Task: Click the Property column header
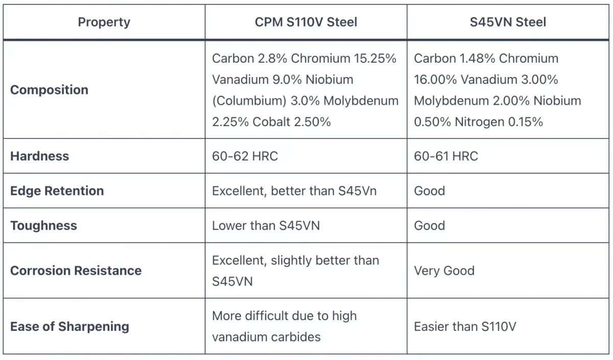[104, 22]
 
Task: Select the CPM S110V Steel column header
[306, 22]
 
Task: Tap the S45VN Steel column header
[508, 22]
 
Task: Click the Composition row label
[49, 90]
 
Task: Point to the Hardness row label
[39, 156]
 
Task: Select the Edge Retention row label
[57, 191]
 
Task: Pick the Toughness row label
[43, 226]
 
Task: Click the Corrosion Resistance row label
[76, 271]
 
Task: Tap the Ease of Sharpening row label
[69, 326]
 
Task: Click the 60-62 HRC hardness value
[245, 156]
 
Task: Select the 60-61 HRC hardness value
[445, 156]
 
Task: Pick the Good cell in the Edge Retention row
[429, 191]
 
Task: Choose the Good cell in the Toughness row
[429, 226]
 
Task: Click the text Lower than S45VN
[266, 226]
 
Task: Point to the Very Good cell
[444, 271]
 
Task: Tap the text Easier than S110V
[465, 326]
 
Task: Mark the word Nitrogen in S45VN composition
[480, 122]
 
